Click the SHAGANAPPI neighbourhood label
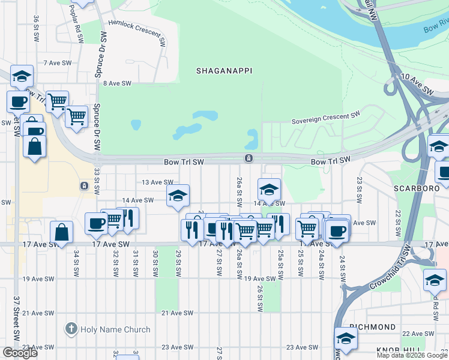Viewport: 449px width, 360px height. (x=224, y=71)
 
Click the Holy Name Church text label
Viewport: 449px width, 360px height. (x=107, y=329)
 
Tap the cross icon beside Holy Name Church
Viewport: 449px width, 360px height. (x=71, y=329)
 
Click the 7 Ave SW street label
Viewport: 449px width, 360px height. (x=58, y=62)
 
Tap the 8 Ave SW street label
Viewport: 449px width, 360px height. (x=117, y=83)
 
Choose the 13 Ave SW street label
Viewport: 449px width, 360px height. (x=157, y=182)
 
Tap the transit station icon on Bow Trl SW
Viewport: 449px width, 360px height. (x=248, y=158)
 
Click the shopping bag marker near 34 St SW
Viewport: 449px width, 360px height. (x=61, y=232)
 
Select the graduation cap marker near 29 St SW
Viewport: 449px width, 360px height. (x=178, y=196)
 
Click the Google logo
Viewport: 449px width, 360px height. (x=20, y=353)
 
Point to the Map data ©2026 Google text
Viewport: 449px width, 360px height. (x=411, y=355)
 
